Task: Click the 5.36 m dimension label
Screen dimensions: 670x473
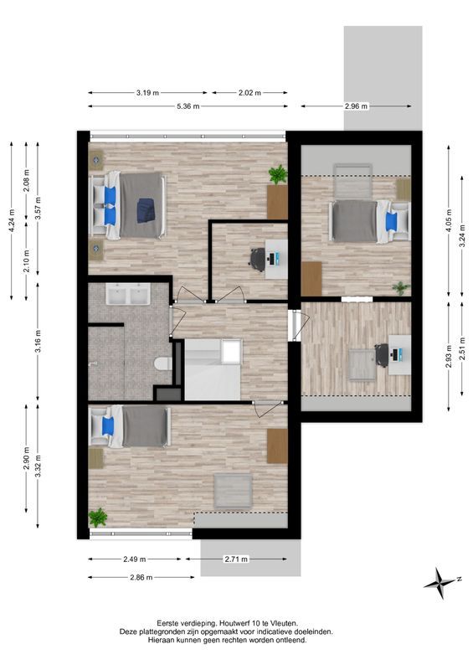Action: (x=188, y=106)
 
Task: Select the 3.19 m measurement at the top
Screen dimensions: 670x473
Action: (x=147, y=93)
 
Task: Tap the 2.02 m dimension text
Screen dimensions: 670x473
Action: (x=249, y=93)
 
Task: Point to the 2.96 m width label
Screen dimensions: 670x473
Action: (x=356, y=106)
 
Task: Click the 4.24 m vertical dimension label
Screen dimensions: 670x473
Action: (x=11, y=224)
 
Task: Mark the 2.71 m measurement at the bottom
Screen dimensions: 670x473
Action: (x=236, y=559)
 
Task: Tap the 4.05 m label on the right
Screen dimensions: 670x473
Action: (x=449, y=219)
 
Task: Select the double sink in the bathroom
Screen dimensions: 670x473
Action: (x=128, y=295)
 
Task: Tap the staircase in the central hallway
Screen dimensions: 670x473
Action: (x=212, y=369)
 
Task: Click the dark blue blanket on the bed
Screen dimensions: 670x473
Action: (x=146, y=209)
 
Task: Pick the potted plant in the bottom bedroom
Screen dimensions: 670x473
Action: (x=98, y=517)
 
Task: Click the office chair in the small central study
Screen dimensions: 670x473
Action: (x=256, y=258)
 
